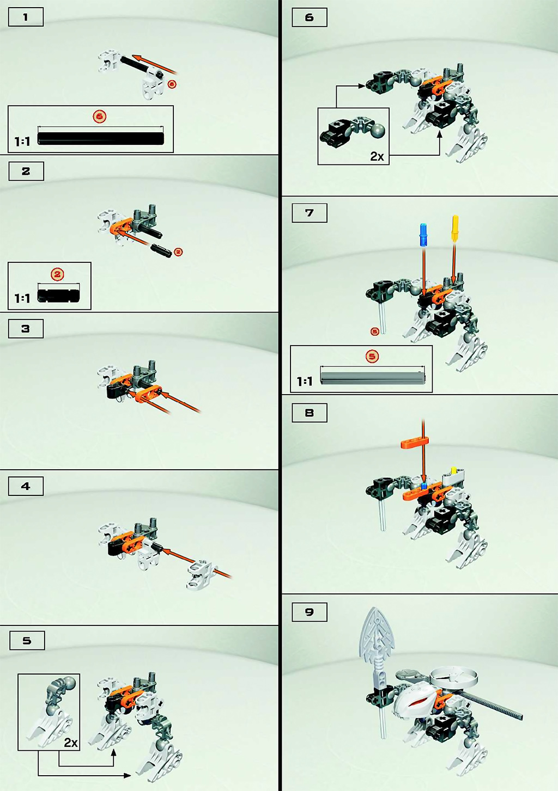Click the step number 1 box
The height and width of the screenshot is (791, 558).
pos(26,17)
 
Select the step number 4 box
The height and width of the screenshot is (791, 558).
pos(26,486)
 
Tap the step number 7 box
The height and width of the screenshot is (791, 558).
pos(310,213)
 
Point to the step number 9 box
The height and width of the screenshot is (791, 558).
pos(310,611)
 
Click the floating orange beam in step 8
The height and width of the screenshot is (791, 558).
pos(415,442)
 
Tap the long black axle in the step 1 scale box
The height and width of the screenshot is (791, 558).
pos(101,138)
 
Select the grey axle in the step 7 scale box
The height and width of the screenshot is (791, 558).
pos(373,375)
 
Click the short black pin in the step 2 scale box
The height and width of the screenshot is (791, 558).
pos(59,296)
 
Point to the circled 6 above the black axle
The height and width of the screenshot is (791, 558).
pos(100,116)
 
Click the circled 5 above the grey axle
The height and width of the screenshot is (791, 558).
pos(372,356)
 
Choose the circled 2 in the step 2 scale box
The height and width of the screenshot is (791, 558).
pos(57,274)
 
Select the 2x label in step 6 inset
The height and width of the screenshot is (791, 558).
pos(377,156)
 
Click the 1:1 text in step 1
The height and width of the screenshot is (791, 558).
pos(22,141)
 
